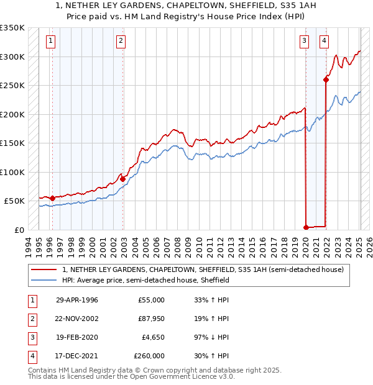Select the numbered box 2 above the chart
121,42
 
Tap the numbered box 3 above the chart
304,42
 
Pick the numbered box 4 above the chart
324,42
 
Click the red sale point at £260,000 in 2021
326,79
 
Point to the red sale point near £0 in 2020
306,227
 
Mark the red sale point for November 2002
123,179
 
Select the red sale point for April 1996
52,198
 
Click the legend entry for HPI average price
145,280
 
